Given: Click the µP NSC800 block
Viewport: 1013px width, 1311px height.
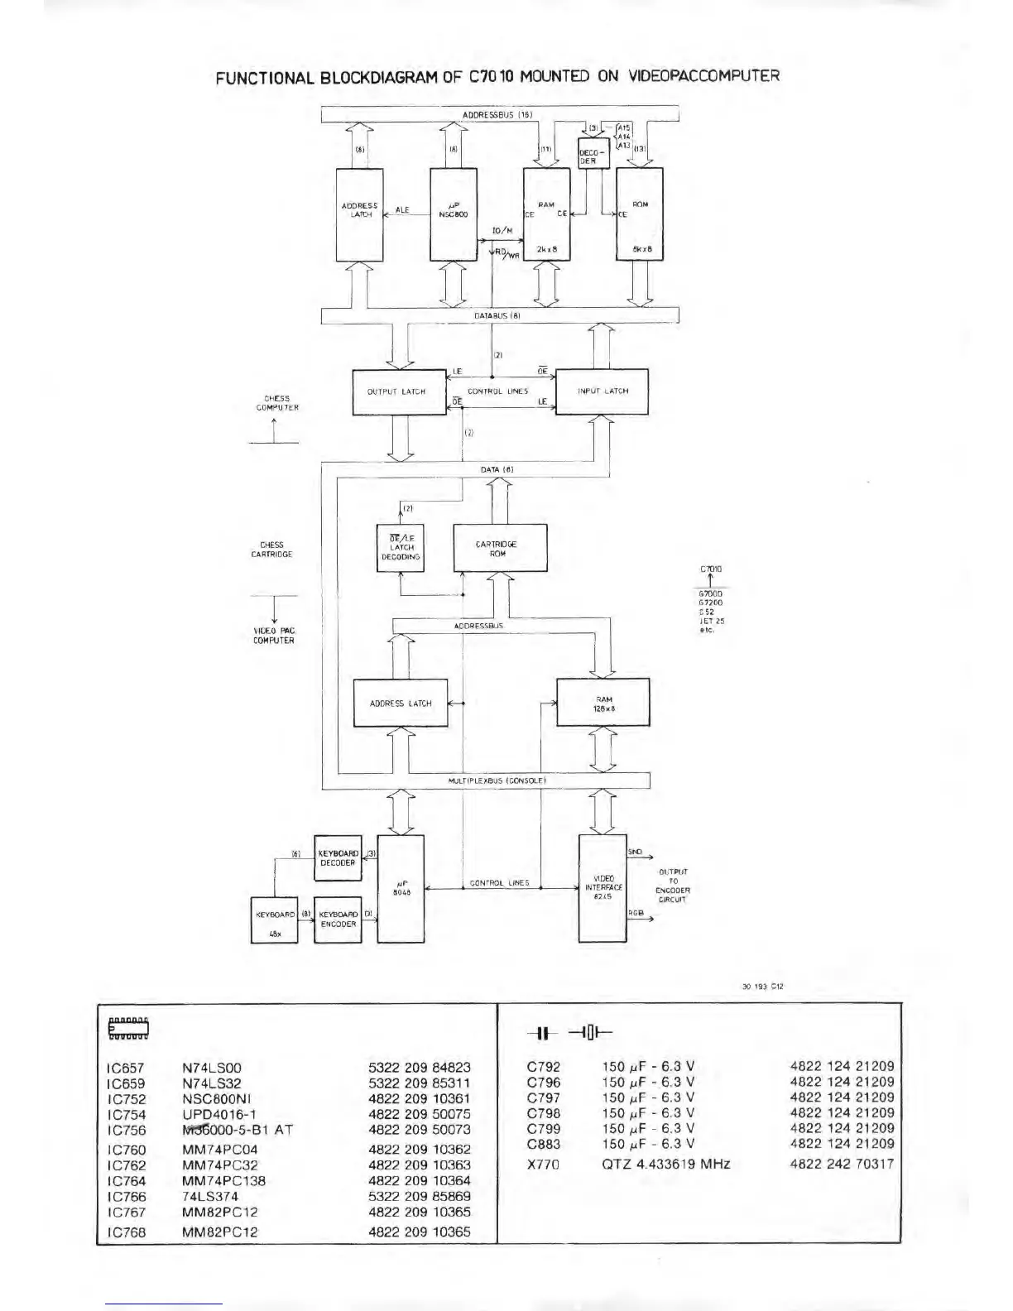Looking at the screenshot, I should [x=454, y=214].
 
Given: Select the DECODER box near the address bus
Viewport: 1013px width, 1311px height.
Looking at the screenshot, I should [x=593, y=153].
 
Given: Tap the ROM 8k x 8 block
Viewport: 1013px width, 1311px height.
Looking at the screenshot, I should [x=640, y=214].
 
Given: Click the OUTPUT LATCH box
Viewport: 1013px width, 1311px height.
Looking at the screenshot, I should [x=396, y=391].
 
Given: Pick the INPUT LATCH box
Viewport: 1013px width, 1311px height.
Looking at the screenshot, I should [x=602, y=391].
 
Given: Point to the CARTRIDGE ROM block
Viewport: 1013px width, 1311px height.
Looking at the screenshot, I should [x=499, y=548].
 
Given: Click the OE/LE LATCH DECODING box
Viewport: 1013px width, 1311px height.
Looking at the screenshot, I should [x=401, y=548].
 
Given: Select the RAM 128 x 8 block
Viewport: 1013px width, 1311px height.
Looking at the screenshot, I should [x=603, y=704].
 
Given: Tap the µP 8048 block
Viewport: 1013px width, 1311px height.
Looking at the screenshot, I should [x=401, y=888].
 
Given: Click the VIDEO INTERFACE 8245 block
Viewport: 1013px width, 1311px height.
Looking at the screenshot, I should [x=603, y=887].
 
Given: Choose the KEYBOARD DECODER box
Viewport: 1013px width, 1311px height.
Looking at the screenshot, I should [x=338, y=857].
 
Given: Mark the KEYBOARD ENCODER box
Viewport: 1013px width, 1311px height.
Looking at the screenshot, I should [x=338, y=920].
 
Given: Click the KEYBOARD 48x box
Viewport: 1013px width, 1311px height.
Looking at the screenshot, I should [x=274, y=920].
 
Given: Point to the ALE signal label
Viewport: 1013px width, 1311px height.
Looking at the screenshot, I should [x=402, y=211].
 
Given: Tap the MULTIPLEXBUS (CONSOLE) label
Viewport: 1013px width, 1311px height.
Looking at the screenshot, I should [x=491, y=780].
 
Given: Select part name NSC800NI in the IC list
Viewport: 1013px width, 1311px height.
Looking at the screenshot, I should [x=211, y=1099].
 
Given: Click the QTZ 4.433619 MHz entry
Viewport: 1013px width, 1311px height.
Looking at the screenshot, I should [x=665, y=1164].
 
